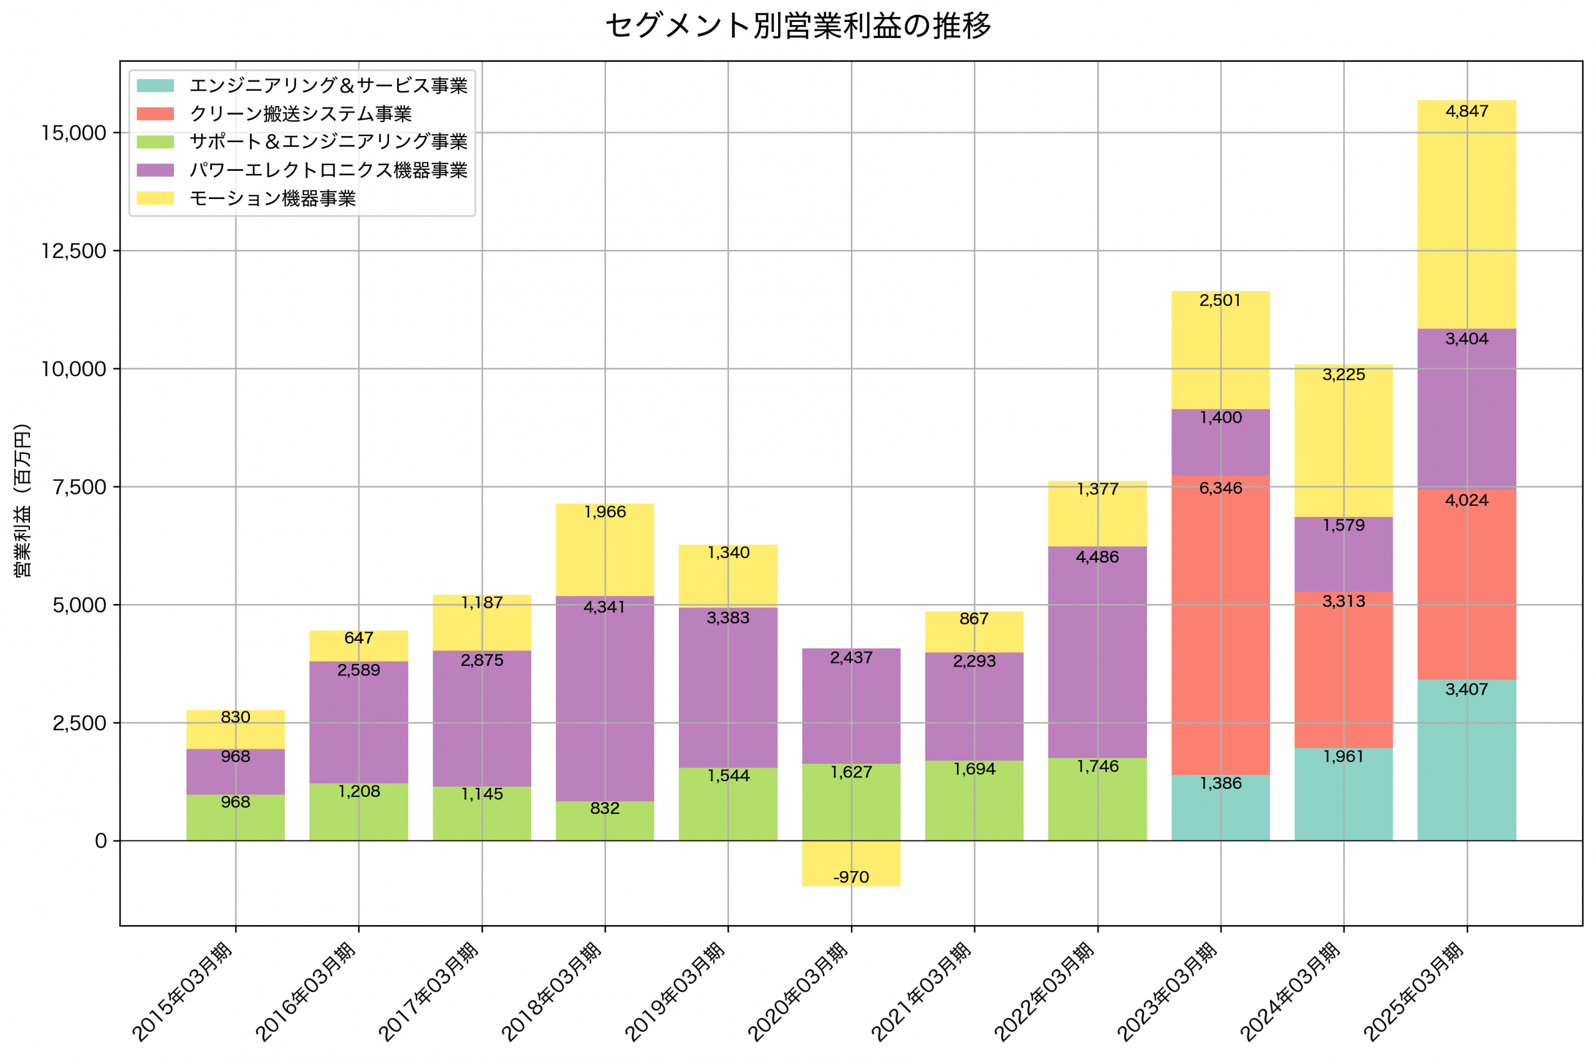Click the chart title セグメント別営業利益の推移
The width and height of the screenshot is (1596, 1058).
[798, 26]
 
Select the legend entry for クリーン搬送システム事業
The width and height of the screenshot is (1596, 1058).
[300, 113]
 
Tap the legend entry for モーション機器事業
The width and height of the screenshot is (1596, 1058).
[272, 198]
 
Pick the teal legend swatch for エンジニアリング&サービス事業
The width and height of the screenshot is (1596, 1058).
[155, 85]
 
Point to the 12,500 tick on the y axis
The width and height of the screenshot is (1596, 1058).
[74, 251]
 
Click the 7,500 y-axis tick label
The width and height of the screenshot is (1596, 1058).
[80, 487]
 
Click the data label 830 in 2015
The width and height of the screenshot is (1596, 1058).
[236, 717]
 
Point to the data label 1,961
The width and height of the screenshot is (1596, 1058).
[1343, 756]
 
